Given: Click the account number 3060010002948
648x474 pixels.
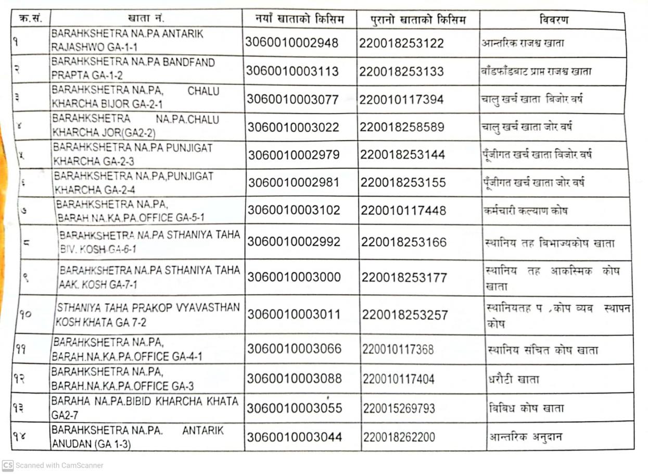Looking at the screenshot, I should (292, 43).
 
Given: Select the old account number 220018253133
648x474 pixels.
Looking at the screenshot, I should (401, 71).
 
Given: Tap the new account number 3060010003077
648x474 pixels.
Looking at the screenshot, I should (293, 99).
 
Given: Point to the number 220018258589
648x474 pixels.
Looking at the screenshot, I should (402, 127).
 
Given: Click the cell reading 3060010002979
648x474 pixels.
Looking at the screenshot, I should (294, 155).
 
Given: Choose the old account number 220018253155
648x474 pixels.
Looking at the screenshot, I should (403, 183).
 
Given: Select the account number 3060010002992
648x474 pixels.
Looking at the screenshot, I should (294, 242).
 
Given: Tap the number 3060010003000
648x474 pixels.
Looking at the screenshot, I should (294, 277).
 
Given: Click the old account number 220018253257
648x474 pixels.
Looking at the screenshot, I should (404, 315).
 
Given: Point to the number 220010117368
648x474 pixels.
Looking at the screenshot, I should (398, 350).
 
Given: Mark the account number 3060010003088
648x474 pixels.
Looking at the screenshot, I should (295, 378).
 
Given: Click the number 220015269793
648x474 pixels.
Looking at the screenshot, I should (399, 408).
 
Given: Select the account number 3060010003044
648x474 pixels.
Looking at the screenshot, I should (295, 437).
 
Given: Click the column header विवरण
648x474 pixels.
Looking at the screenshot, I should (553, 20).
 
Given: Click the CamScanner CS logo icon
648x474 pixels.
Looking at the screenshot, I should (7, 465).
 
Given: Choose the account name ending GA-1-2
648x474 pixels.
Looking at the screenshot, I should (133, 69).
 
